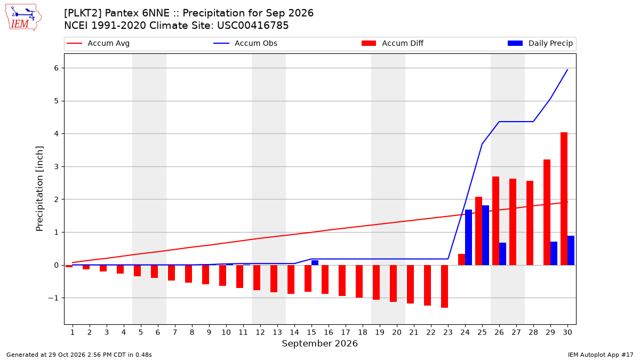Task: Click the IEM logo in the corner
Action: [23, 18]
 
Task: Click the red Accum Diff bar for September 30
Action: [564, 198]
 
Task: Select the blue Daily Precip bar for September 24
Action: [468, 237]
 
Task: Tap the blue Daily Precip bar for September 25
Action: [485, 235]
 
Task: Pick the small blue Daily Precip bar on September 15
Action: [315, 262]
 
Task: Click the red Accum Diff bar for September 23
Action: [444, 286]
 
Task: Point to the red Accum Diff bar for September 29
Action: [547, 212]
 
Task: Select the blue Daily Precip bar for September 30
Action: [571, 250]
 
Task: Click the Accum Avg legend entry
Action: [98, 43]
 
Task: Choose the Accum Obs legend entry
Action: [245, 43]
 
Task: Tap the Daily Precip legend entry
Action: [540, 43]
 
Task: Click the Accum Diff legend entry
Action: [393, 43]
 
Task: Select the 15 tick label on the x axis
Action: [311, 332]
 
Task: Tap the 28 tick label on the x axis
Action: [533, 332]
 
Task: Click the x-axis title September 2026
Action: [319, 343]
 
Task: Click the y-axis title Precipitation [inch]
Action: [39, 189]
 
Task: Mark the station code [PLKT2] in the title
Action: [83, 13]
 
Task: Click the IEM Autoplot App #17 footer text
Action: [601, 355]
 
